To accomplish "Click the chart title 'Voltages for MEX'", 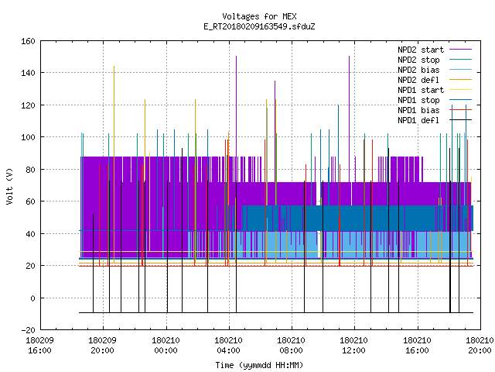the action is pos(259,16).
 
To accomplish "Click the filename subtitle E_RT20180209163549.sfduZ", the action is pos(259,26).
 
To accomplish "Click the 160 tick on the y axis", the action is pos(28,41).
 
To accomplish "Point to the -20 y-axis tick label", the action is pos(28,330).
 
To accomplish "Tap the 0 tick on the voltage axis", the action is pos(32,298).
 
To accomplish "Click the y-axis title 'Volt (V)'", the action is pos(10,187).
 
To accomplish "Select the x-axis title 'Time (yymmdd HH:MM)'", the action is pos(259,365).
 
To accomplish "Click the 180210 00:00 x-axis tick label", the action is pos(166,346).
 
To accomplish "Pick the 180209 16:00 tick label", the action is pos(39,346).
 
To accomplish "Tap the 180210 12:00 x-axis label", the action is pos(354,346).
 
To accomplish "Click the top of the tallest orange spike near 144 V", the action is pos(114,66).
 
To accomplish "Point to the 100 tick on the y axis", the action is pos(28,137).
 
